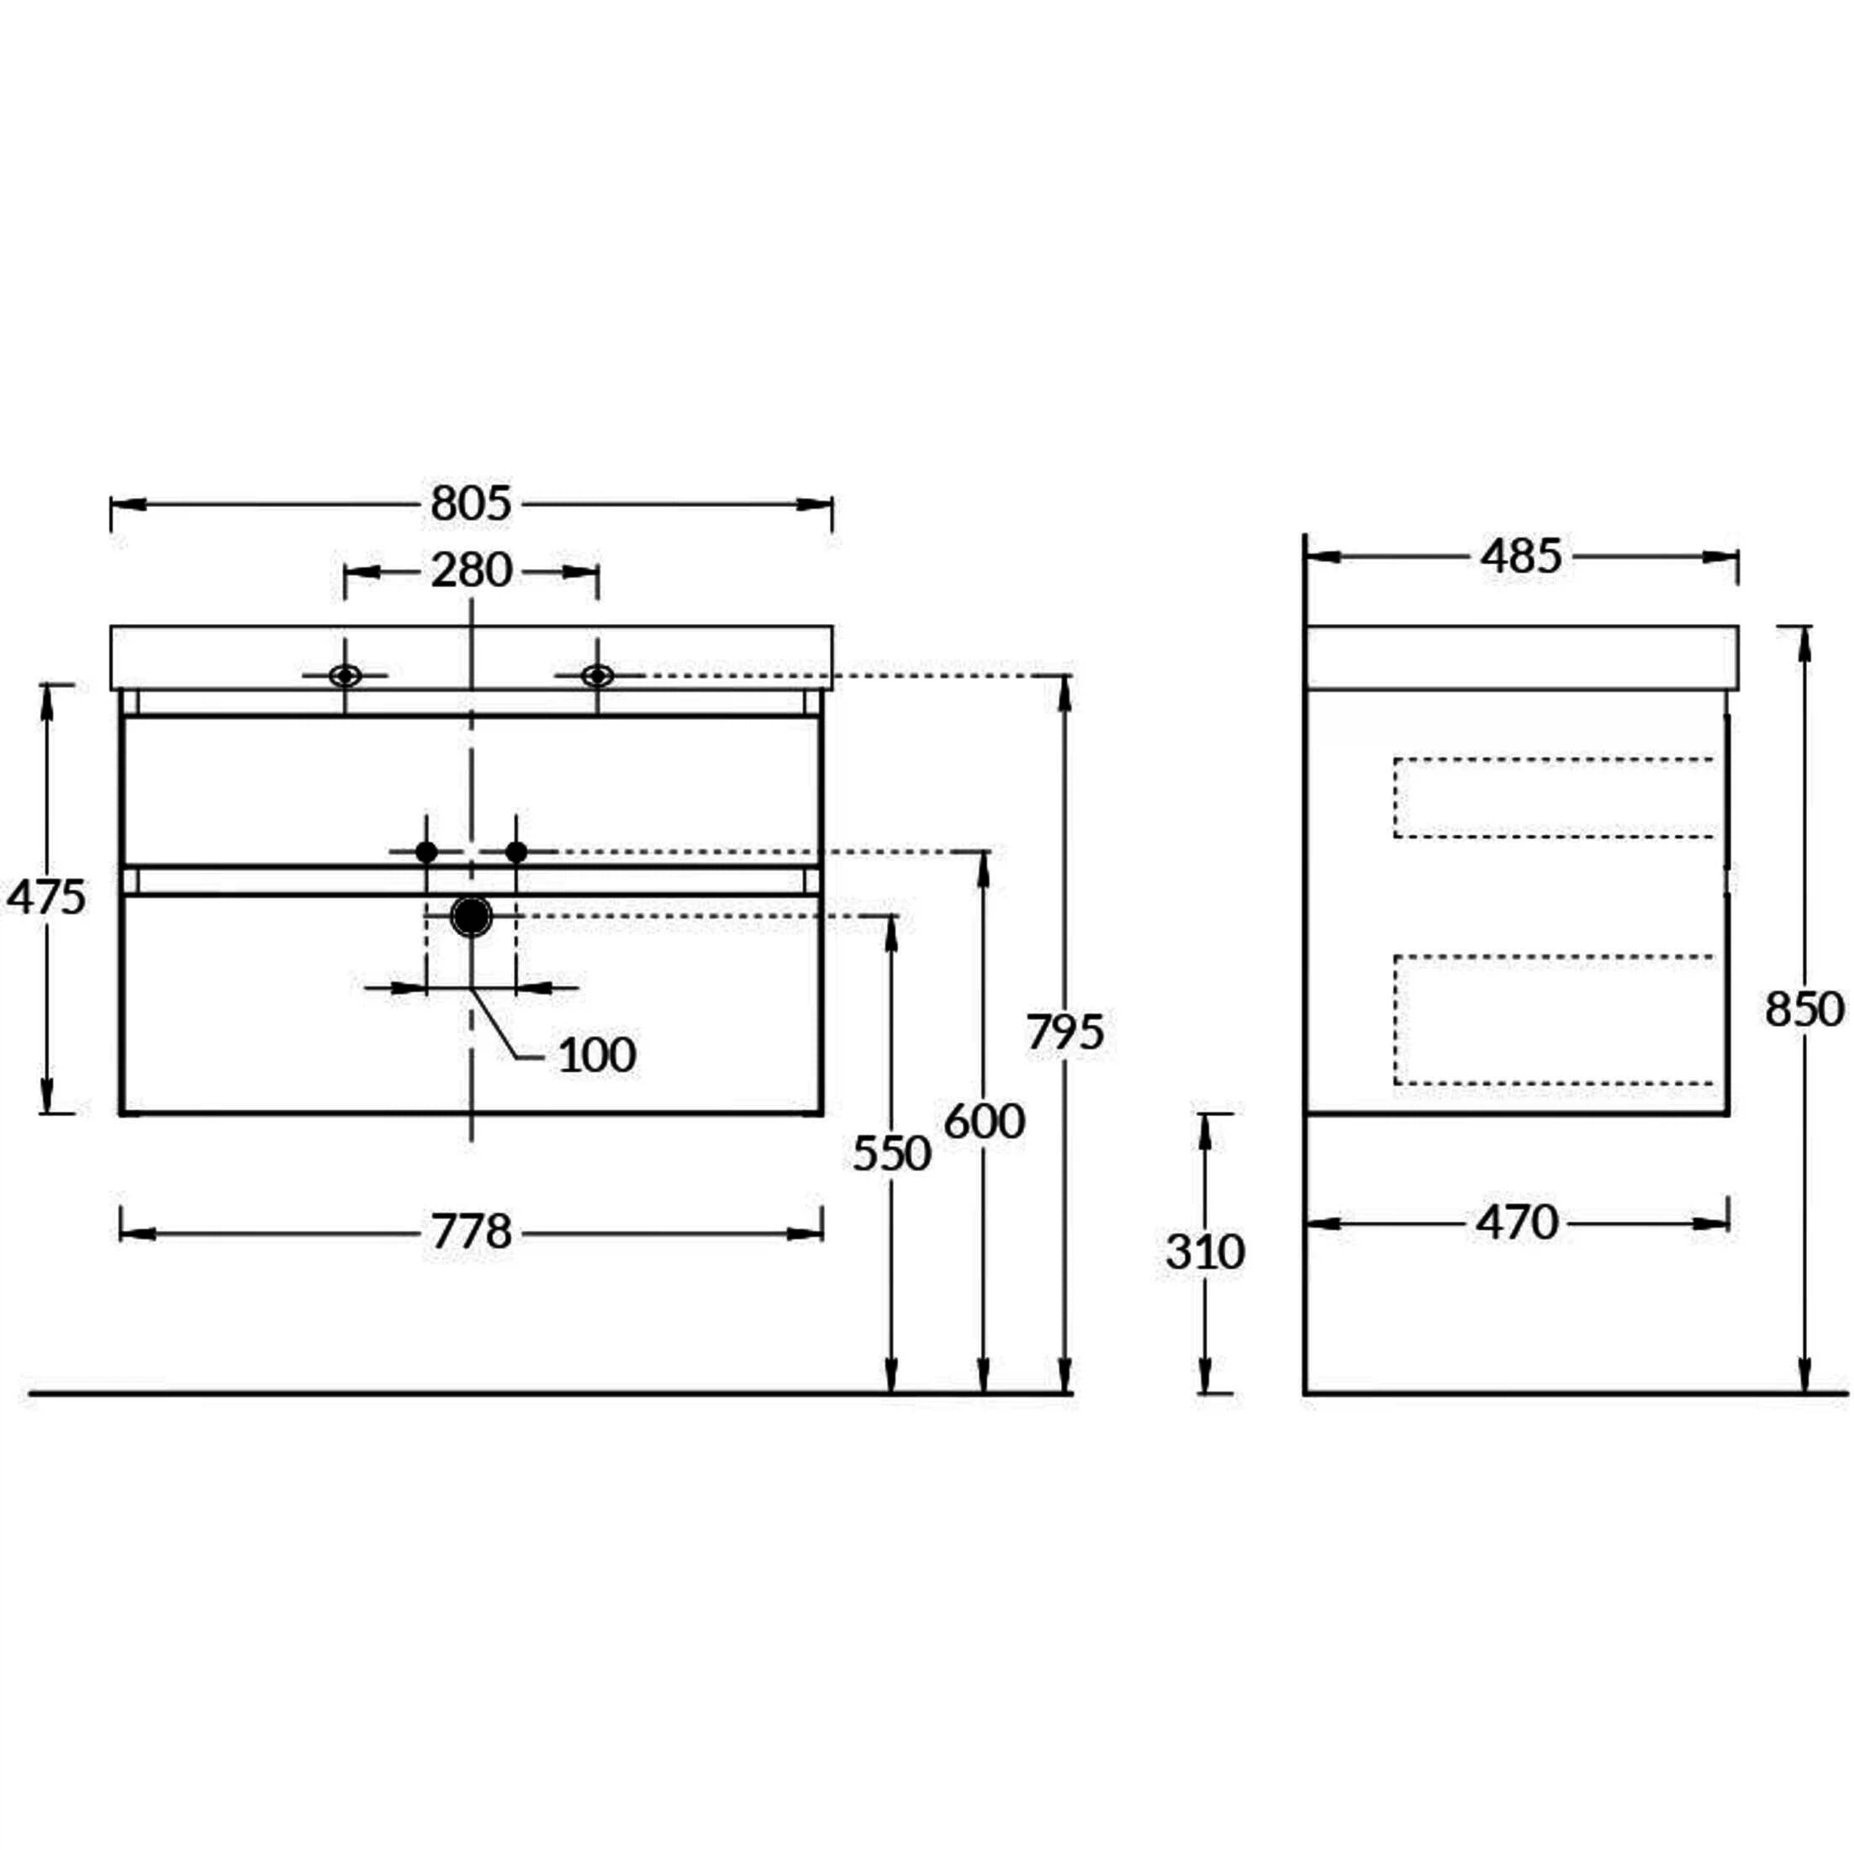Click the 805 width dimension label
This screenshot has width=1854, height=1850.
coord(471,504)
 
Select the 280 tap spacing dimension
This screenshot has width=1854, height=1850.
coord(471,571)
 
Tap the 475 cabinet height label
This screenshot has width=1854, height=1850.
coord(46,897)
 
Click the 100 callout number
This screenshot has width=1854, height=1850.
coord(597,1055)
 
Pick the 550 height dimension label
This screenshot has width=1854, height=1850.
coord(891,1154)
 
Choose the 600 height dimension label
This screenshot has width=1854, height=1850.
coord(985,1121)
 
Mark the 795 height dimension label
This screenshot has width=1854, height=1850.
coord(1065,1033)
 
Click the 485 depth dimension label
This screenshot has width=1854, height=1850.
coord(1521,557)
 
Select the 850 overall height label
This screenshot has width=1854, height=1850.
coord(1804,1008)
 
